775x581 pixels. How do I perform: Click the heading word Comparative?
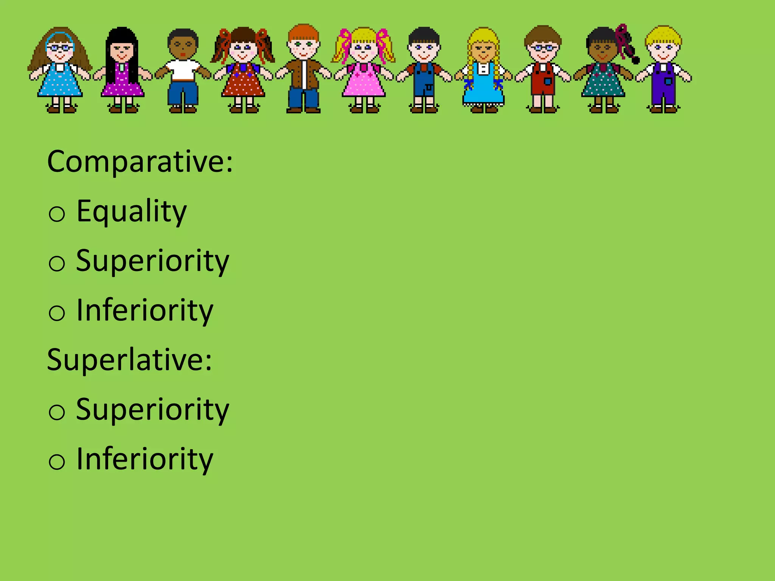click(x=140, y=162)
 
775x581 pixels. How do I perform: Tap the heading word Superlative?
click(x=129, y=360)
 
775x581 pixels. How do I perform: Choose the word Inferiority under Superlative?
click(x=145, y=459)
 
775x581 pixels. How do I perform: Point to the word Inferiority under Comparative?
click(x=145, y=311)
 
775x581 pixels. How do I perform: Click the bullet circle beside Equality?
click(x=57, y=214)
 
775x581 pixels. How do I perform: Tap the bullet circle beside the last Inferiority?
click(x=57, y=462)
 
